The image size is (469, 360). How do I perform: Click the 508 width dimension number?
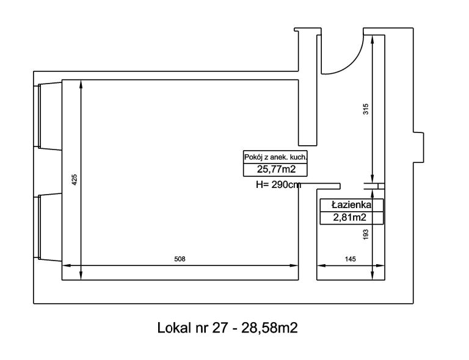click(x=180, y=259)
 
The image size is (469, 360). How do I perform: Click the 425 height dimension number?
click(x=75, y=179)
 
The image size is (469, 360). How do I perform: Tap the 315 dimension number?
click(x=366, y=109)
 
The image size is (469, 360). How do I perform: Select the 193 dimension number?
click(x=366, y=234)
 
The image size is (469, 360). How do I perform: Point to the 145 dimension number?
click(x=351, y=259)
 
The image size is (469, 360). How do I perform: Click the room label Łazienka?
click(x=352, y=205)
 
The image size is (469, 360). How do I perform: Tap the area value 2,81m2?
click(x=350, y=217)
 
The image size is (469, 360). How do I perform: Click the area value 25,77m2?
click(x=276, y=170)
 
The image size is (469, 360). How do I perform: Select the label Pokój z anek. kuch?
click(x=275, y=157)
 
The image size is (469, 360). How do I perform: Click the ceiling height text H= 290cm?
click(x=278, y=185)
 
